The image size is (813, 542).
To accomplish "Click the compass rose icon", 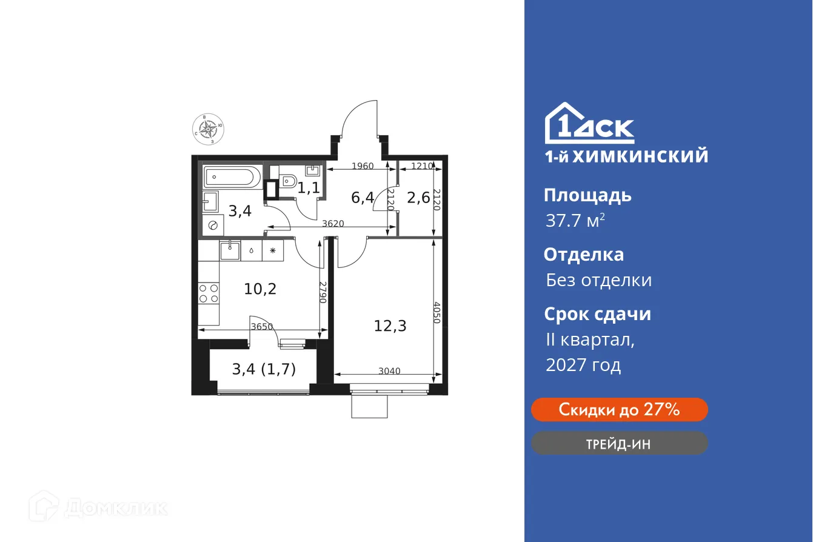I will tap(209, 129).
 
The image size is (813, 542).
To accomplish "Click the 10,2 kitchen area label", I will tap(260, 289).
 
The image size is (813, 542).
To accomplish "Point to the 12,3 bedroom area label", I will tap(390, 326).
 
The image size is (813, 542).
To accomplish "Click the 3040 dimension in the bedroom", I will tap(389, 371).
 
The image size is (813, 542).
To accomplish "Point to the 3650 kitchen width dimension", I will tap(261, 327).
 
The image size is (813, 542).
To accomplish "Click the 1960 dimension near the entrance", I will tap(363, 166).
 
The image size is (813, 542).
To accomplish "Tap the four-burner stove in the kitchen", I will tap(209, 293).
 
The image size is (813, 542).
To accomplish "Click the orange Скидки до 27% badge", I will tap(619, 410).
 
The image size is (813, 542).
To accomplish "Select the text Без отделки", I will tap(598, 280).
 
